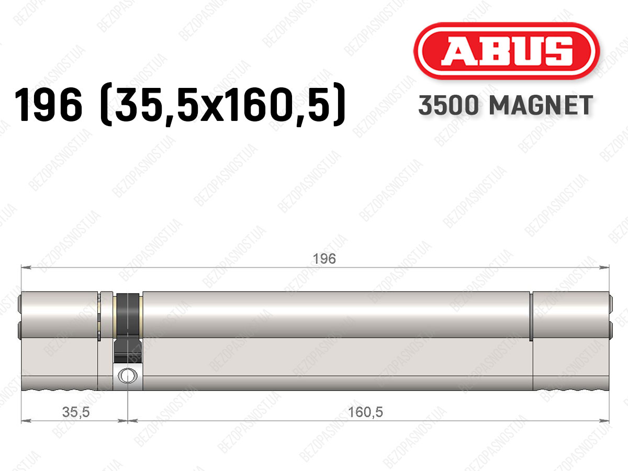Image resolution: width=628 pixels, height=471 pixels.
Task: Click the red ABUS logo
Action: pyautogui.click(x=507, y=51)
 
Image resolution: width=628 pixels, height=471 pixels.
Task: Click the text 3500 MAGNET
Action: pyautogui.click(x=506, y=105)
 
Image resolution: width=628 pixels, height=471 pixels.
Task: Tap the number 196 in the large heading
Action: pyautogui.click(x=48, y=104)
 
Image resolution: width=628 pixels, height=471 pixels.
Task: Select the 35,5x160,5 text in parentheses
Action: pyautogui.click(x=223, y=105)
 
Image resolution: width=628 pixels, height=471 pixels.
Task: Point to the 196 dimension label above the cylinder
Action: pyautogui.click(x=324, y=259)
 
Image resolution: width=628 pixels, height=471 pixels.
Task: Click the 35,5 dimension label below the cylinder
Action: pyautogui.click(x=76, y=412)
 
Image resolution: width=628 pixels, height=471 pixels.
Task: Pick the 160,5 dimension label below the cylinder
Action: pyautogui.click(x=365, y=412)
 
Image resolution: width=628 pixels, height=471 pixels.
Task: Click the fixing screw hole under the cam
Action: pyautogui.click(x=128, y=375)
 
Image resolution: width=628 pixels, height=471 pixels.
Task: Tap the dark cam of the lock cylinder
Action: pyautogui.click(x=128, y=328)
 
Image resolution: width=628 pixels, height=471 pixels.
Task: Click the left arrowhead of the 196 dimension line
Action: pyautogui.click(x=26, y=267)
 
